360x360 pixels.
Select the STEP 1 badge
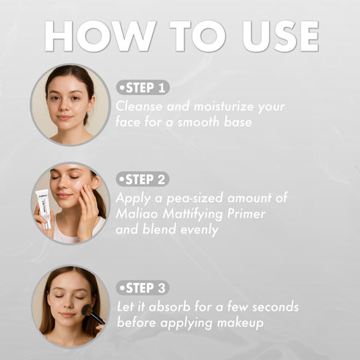pos(143,87)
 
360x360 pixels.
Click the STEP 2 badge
pos(143,179)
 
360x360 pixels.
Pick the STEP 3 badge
pos(143,288)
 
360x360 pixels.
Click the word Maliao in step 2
pos(137,213)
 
